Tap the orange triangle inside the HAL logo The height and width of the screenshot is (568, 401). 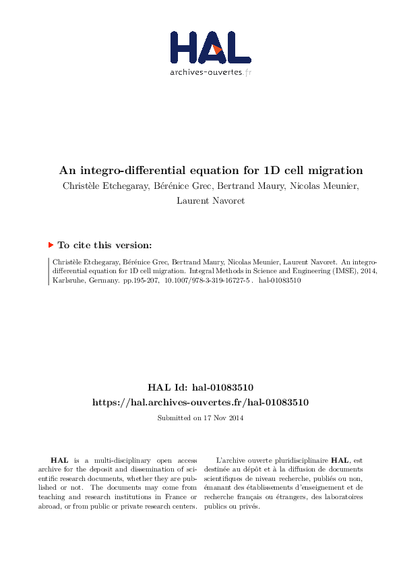216,48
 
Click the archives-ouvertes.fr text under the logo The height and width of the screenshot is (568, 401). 210,72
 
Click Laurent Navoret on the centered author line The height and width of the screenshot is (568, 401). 210,200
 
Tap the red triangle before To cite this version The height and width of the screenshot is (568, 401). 51,246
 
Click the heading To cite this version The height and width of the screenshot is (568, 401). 104,246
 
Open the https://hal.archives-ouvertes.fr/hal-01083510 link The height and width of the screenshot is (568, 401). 200,402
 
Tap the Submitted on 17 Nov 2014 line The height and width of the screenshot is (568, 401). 200,418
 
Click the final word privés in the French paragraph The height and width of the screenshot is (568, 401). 250,507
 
